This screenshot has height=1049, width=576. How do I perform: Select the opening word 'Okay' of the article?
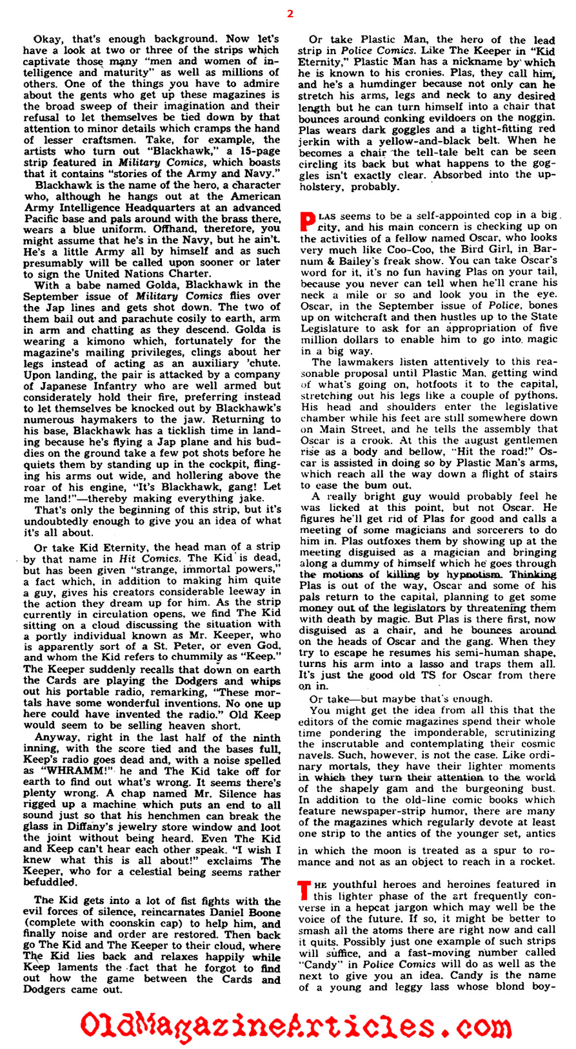coord(48,39)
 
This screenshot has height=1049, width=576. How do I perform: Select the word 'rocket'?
coord(537,861)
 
